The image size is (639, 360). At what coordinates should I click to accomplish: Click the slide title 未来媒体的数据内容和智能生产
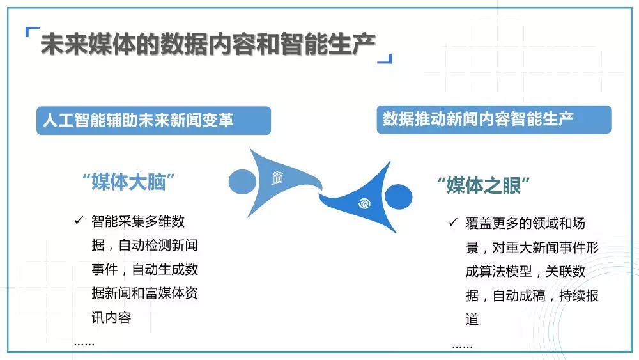208,43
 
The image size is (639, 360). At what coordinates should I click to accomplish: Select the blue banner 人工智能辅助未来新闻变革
153,121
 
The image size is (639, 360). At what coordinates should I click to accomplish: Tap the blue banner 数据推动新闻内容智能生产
494,120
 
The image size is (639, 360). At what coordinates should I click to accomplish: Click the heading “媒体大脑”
129,182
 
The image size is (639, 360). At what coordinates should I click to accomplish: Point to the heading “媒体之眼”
484,186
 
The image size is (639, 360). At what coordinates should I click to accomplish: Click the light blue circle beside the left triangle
242,182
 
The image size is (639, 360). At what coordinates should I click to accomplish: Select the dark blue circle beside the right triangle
398,197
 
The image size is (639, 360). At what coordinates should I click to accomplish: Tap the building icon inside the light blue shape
277,177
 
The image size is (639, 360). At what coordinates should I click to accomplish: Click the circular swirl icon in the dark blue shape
364,203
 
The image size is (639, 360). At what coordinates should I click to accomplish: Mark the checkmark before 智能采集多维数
79,221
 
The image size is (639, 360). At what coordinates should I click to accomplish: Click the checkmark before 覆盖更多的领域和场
453,222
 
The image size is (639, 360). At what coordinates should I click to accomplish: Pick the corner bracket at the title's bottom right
385,59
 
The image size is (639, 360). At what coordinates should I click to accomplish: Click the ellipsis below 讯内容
84,344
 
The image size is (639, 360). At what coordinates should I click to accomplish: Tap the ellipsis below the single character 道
463,347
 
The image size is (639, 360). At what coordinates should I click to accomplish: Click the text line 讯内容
111,317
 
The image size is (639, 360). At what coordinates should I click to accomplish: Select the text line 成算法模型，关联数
525,271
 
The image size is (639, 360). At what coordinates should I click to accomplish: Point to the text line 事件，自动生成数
144,269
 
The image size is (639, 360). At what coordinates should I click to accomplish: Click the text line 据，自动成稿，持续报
532,295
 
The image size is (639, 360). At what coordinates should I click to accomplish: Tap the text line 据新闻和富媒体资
144,293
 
